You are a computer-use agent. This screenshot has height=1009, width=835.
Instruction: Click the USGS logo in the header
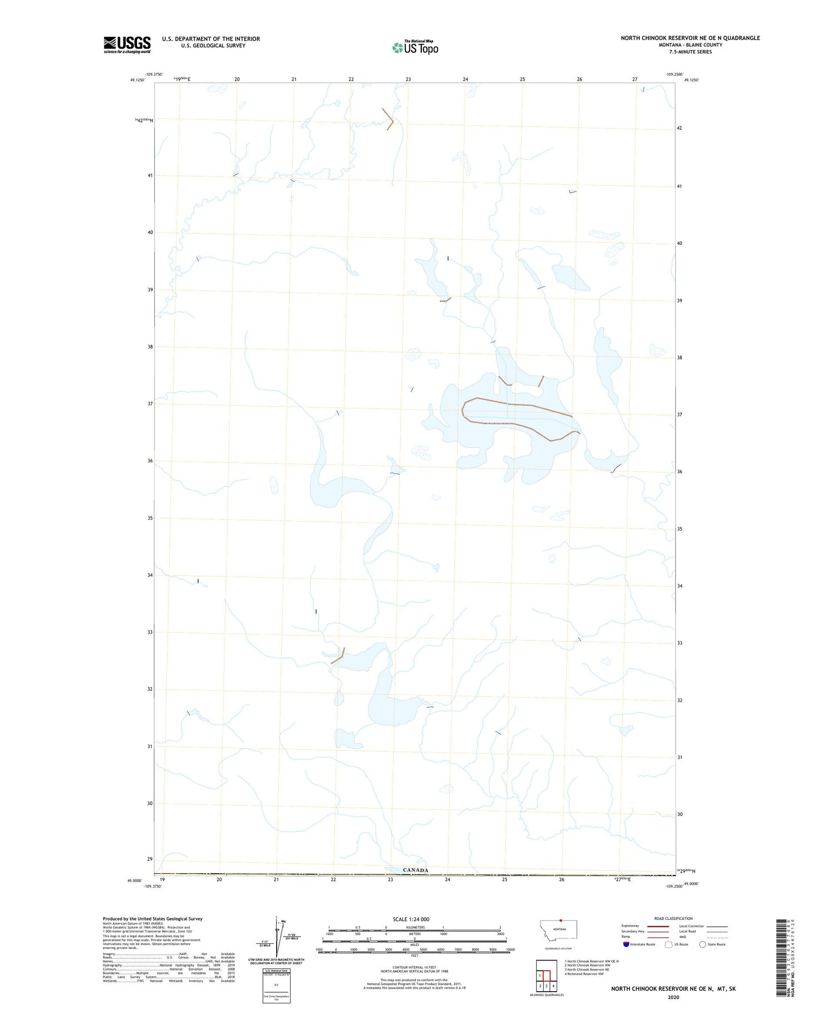click(127, 45)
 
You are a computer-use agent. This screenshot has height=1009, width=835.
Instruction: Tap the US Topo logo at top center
click(415, 48)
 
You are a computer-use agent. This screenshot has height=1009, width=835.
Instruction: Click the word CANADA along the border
click(415, 870)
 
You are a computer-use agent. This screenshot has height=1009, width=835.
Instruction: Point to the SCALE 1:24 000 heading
click(411, 919)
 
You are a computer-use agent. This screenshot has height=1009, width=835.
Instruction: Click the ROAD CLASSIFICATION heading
click(673, 918)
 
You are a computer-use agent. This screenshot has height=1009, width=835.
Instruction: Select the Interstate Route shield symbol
click(626, 944)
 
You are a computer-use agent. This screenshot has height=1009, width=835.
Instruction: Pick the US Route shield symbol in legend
click(669, 944)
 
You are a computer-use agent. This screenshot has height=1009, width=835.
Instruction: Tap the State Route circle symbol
click(703, 944)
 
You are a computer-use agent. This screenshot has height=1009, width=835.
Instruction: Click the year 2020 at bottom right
click(673, 997)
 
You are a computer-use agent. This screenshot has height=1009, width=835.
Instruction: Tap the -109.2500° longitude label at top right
click(674, 74)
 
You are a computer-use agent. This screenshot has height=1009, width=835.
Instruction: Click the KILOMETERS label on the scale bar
click(414, 927)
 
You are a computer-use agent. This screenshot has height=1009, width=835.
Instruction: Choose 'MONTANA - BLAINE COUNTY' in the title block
click(690, 45)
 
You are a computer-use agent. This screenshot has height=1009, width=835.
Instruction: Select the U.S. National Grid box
click(276, 985)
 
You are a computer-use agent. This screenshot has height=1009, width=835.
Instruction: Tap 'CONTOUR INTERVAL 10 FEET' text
click(414, 967)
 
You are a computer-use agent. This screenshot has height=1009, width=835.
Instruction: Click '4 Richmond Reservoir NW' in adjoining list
click(584, 974)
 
